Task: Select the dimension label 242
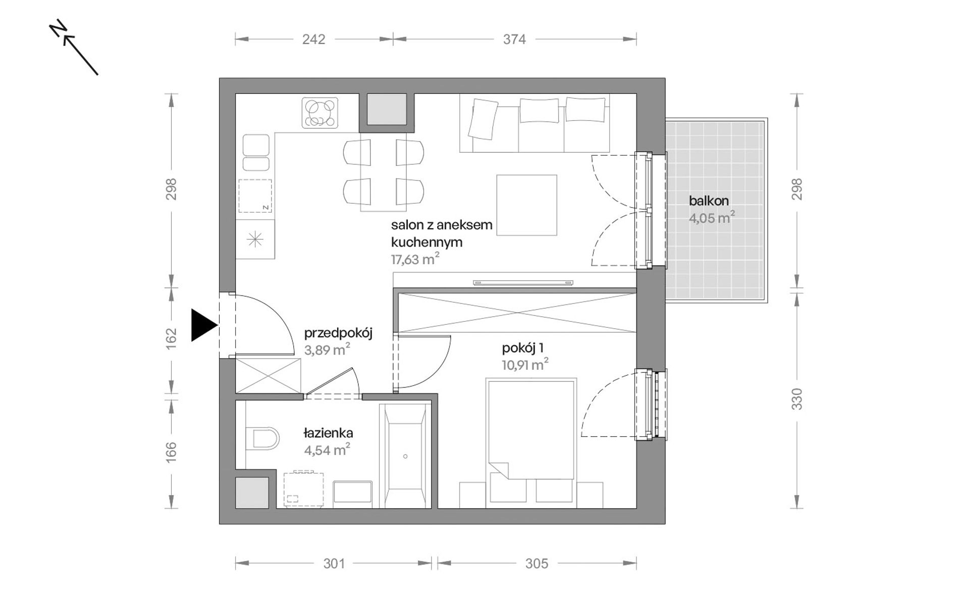pyautogui.click(x=313, y=39)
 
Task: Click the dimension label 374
pyautogui.click(x=514, y=39)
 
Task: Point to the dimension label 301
pyautogui.click(x=334, y=563)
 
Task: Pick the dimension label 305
pyautogui.click(x=536, y=563)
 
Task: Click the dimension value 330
pyautogui.click(x=796, y=399)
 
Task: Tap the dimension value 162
pyautogui.click(x=172, y=338)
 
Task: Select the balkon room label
pyautogui.click(x=709, y=201)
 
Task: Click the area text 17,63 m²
pyautogui.click(x=415, y=259)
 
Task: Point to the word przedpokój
pyautogui.click(x=338, y=333)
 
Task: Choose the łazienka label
pyautogui.click(x=328, y=433)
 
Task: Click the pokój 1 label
pyautogui.click(x=522, y=348)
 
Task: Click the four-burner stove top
pyautogui.click(x=320, y=113)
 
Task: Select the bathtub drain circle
pyautogui.click(x=405, y=457)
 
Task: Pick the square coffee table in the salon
pyautogui.click(x=526, y=205)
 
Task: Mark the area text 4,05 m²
pyautogui.click(x=712, y=218)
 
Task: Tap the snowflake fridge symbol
pyautogui.click(x=255, y=239)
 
